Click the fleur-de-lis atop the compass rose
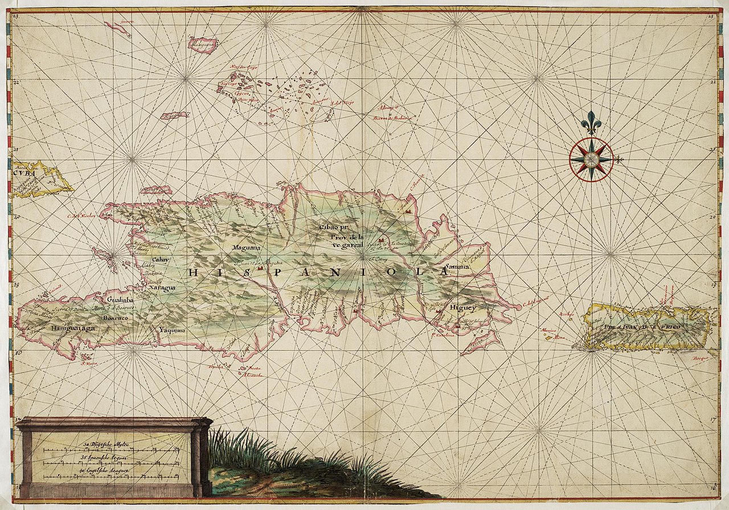coord(591,122)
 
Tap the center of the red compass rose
coord(591,159)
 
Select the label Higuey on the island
coord(462,307)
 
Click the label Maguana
coord(246,248)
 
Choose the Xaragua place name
coord(162,289)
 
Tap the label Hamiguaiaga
coord(73,328)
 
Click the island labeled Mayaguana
coord(203,44)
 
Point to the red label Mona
coord(560,337)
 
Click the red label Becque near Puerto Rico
coord(699,359)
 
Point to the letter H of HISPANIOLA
coord(193,273)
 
